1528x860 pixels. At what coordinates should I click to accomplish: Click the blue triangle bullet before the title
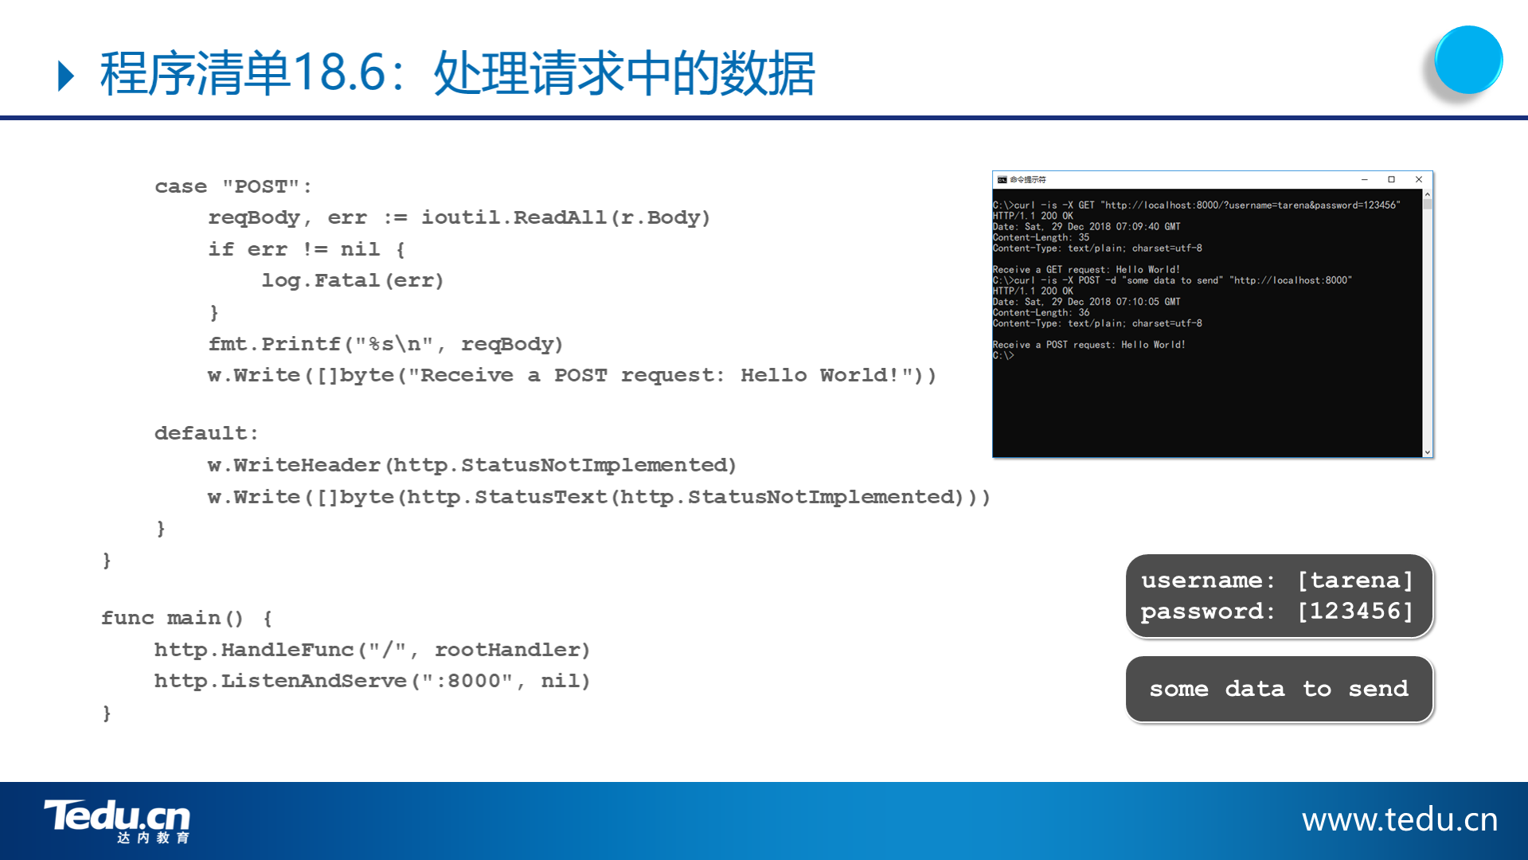(x=66, y=76)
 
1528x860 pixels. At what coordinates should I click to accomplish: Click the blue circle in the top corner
(x=1468, y=60)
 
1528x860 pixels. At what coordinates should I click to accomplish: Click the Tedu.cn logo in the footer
(x=117, y=821)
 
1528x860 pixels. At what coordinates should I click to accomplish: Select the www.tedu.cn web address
(x=1400, y=819)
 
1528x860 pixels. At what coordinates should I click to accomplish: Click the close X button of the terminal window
(x=1418, y=180)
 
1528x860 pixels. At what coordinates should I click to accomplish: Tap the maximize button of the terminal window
(x=1391, y=180)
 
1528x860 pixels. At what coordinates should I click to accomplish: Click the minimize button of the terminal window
(x=1364, y=180)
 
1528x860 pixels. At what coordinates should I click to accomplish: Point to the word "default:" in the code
(x=206, y=433)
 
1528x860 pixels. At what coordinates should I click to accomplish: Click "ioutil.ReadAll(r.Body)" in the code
(x=565, y=217)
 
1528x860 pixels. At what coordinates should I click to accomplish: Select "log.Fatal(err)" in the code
(x=353, y=280)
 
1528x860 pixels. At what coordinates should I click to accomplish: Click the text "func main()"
(x=172, y=618)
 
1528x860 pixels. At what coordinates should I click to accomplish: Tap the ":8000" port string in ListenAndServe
(x=467, y=681)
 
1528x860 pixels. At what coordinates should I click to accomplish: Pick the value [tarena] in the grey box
(x=1355, y=580)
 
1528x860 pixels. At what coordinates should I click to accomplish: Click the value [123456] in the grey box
(x=1355, y=611)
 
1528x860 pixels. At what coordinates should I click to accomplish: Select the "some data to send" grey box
(x=1280, y=689)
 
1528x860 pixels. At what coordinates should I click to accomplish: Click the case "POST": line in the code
(x=233, y=186)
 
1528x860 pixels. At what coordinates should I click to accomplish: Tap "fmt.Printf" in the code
(x=274, y=344)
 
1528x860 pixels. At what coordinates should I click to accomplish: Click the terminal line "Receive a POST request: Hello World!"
(x=1088, y=345)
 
